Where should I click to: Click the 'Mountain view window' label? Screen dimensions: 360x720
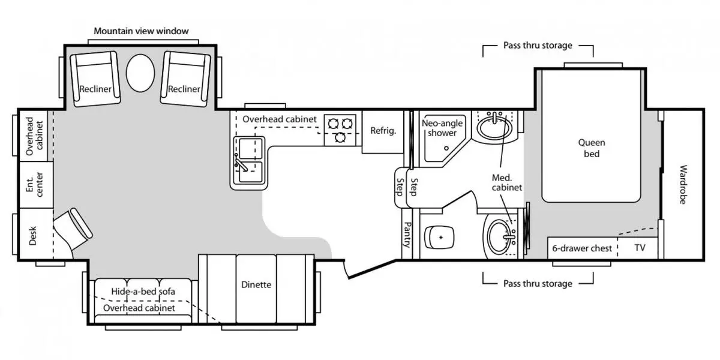point(142,31)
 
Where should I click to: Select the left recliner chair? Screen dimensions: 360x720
point(95,79)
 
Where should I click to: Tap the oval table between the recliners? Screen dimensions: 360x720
point(140,72)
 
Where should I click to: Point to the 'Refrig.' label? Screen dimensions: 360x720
point(383,131)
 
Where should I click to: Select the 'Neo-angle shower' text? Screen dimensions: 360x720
point(443,128)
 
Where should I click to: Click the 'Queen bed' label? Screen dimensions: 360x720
point(592,148)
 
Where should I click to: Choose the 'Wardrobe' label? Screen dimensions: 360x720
point(683,184)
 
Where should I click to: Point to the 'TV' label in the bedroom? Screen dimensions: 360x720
point(640,247)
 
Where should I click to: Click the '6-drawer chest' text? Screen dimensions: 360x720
point(582,248)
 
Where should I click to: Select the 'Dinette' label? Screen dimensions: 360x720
point(256,284)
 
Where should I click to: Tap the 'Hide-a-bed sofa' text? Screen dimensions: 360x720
point(143,292)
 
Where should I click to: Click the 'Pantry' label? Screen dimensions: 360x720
point(407,234)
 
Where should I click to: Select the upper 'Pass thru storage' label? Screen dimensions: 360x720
point(537,45)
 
